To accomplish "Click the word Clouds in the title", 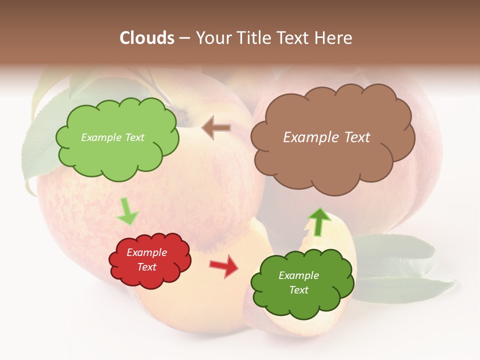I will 147,38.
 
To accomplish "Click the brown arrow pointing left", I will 216,127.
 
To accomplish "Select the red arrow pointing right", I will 224,265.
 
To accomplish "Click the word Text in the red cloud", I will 147,267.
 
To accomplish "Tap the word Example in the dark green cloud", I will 298,275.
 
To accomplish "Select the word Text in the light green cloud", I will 134,137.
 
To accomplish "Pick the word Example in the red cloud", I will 146,252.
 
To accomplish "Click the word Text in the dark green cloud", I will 298,290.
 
